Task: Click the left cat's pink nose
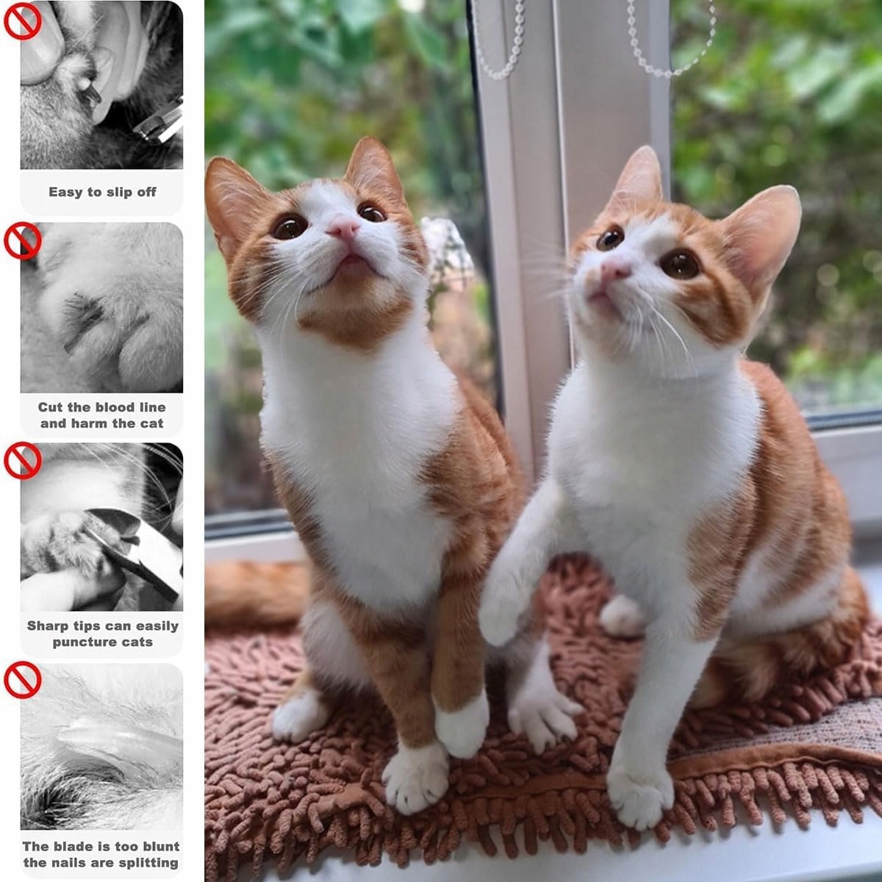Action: (343, 227)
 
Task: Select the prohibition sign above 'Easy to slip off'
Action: (23, 21)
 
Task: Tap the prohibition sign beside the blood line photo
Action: (23, 241)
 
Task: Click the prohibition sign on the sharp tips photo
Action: (23, 460)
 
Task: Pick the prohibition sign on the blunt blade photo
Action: (23, 680)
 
